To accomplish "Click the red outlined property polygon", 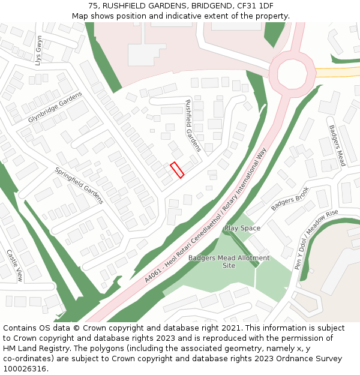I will (x=176, y=170).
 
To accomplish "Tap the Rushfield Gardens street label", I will (x=193, y=125).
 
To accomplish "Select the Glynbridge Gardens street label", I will (x=55, y=108).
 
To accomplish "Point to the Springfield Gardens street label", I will (x=79, y=185).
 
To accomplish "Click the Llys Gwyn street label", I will (x=40, y=51).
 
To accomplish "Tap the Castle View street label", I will (x=14, y=265).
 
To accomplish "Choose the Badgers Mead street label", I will (x=337, y=145).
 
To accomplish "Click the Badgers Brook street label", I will (x=289, y=199).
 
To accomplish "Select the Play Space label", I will (x=242, y=229).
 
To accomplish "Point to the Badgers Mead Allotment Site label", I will (x=229, y=262).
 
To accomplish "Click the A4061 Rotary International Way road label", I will (x=205, y=217).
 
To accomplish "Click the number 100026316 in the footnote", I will (x=25, y=369).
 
